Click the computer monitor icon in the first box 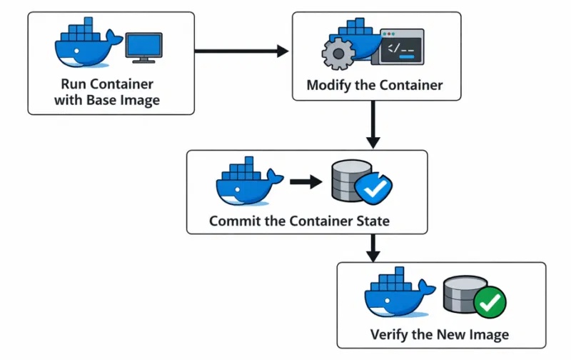click(x=145, y=47)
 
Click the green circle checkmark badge click(x=489, y=304)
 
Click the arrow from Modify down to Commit click(x=372, y=124)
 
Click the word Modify click(x=330, y=85)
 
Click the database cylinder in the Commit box click(x=345, y=181)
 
